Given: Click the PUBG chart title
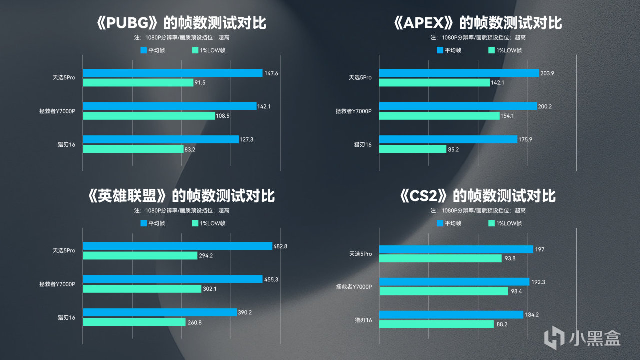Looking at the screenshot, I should coord(181,23).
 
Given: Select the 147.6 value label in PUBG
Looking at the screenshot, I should coord(271,73).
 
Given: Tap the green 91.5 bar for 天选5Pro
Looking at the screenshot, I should coord(138,83).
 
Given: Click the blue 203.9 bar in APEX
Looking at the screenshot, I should coord(459,73).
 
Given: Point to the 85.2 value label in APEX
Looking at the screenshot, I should coord(454,149).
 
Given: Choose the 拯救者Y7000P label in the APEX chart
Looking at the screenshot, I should coord(353,111).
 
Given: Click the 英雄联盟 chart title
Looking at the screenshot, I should coord(181,195).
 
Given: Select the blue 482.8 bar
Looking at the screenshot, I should coord(177,246).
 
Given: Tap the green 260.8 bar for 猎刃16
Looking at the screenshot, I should coord(134,322).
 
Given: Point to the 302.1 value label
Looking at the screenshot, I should coord(209,289).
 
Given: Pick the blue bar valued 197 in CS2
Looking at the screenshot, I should coord(456,249).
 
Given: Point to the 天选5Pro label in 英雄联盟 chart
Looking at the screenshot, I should coord(64,251).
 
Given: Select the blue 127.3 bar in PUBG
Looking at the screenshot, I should coord(160,139).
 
